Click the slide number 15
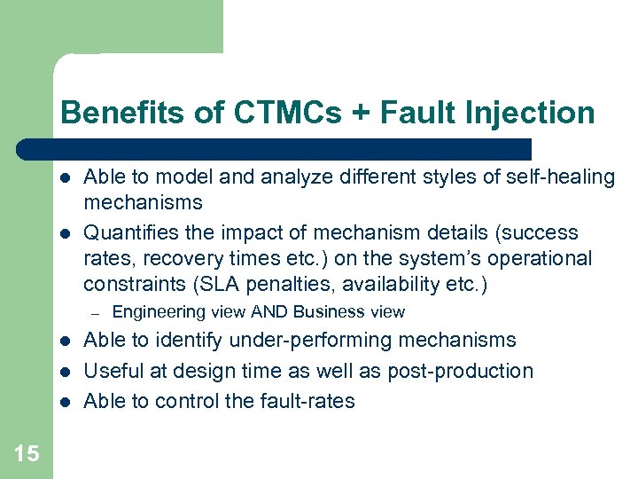pyautogui.click(x=27, y=454)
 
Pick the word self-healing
pyautogui.click(x=563, y=177)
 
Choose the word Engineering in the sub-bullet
pyautogui.click(x=153, y=312)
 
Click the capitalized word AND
pyautogui.click(x=270, y=312)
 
